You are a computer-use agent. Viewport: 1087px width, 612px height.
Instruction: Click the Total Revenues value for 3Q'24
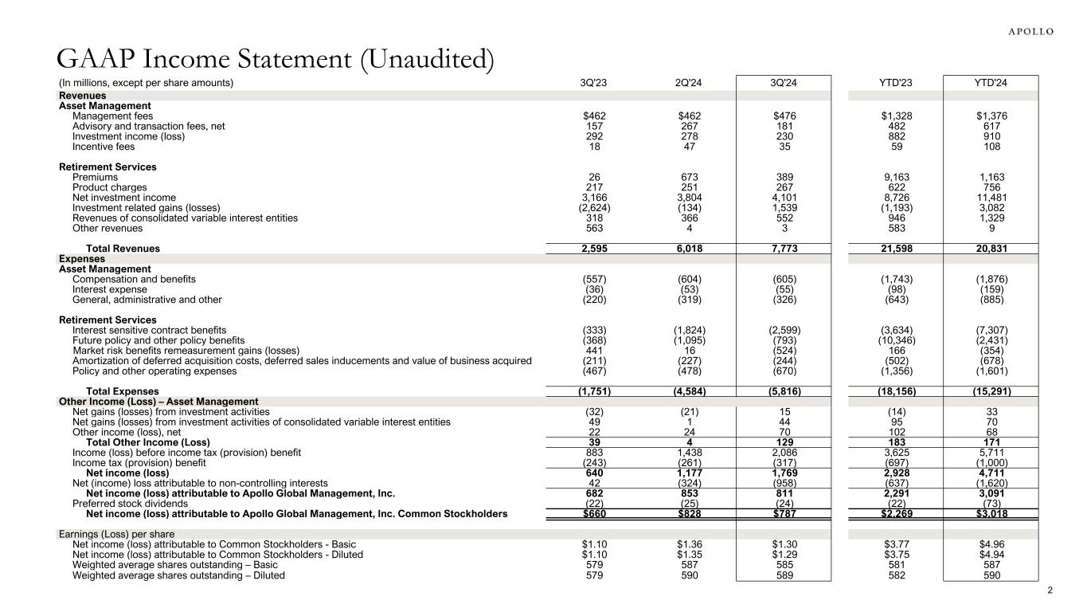click(x=784, y=249)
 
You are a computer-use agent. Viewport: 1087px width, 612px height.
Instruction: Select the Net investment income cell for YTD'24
click(x=988, y=198)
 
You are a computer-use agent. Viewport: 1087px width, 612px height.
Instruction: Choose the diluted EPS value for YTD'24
click(x=988, y=554)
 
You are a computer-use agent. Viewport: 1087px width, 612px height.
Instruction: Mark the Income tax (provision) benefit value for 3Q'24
click(x=784, y=463)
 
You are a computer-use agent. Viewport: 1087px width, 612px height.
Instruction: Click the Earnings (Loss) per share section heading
click(x=117, y=534)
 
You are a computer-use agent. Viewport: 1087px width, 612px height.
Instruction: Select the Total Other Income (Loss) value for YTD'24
click(x=988, y=442)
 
